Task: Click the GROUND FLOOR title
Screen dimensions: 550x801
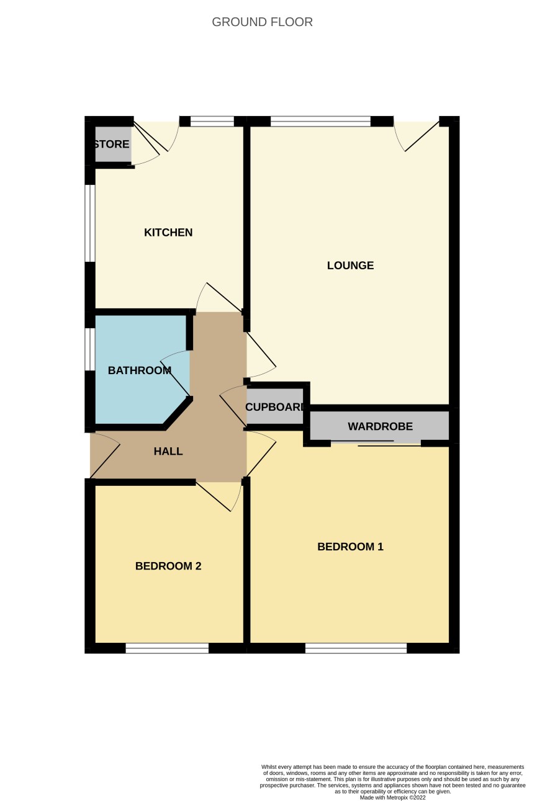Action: pos(263,22)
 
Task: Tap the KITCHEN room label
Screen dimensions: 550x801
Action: pos(168,233)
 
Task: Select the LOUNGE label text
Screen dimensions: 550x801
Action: pos(350,266)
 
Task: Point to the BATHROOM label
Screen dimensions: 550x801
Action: pos(140,370)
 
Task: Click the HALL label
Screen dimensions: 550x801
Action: pos(168,451)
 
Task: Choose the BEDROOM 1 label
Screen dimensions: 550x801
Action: pos(350,547)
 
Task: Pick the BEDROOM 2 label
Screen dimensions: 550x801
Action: pos(168,566)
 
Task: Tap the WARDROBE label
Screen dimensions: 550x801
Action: pos(380,426)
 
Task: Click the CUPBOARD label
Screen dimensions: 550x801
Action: pos(275,407)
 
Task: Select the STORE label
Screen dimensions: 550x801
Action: pos(112,144)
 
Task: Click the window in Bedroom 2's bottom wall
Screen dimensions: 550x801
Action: pos(167,648)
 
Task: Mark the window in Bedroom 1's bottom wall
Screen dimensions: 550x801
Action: pos(356,648)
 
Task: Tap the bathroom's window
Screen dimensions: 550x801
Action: pos(90,349)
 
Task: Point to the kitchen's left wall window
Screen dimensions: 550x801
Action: pos(90,223)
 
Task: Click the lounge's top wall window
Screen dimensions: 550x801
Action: pos(320,121)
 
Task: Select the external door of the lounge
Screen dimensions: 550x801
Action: pos(417,136)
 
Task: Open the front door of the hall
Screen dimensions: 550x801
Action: pos(105,455)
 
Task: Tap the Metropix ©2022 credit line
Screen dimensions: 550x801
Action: pos(392,797)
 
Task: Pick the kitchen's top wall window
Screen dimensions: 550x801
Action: pos(212,121)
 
